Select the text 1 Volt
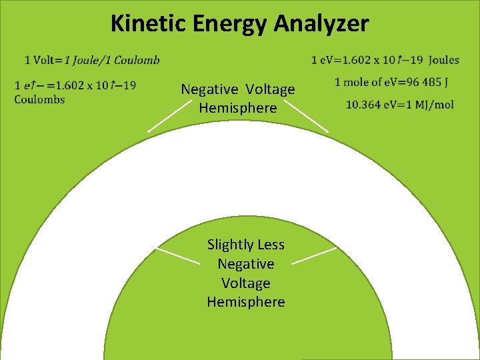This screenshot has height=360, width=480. coord(39,60)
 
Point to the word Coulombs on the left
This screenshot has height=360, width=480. coord(39,99)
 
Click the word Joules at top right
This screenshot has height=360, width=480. coord(443,60)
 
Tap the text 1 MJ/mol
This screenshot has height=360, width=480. coord(426,105)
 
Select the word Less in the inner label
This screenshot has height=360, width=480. coord(269,245)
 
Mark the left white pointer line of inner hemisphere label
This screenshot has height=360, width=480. coord(178,256)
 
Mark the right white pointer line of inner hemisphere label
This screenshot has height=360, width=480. coord(314,256)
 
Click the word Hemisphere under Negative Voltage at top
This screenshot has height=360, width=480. coord(237,107)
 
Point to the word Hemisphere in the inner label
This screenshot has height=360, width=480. coord(245,302)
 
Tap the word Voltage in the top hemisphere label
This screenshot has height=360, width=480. coord(269,89)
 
